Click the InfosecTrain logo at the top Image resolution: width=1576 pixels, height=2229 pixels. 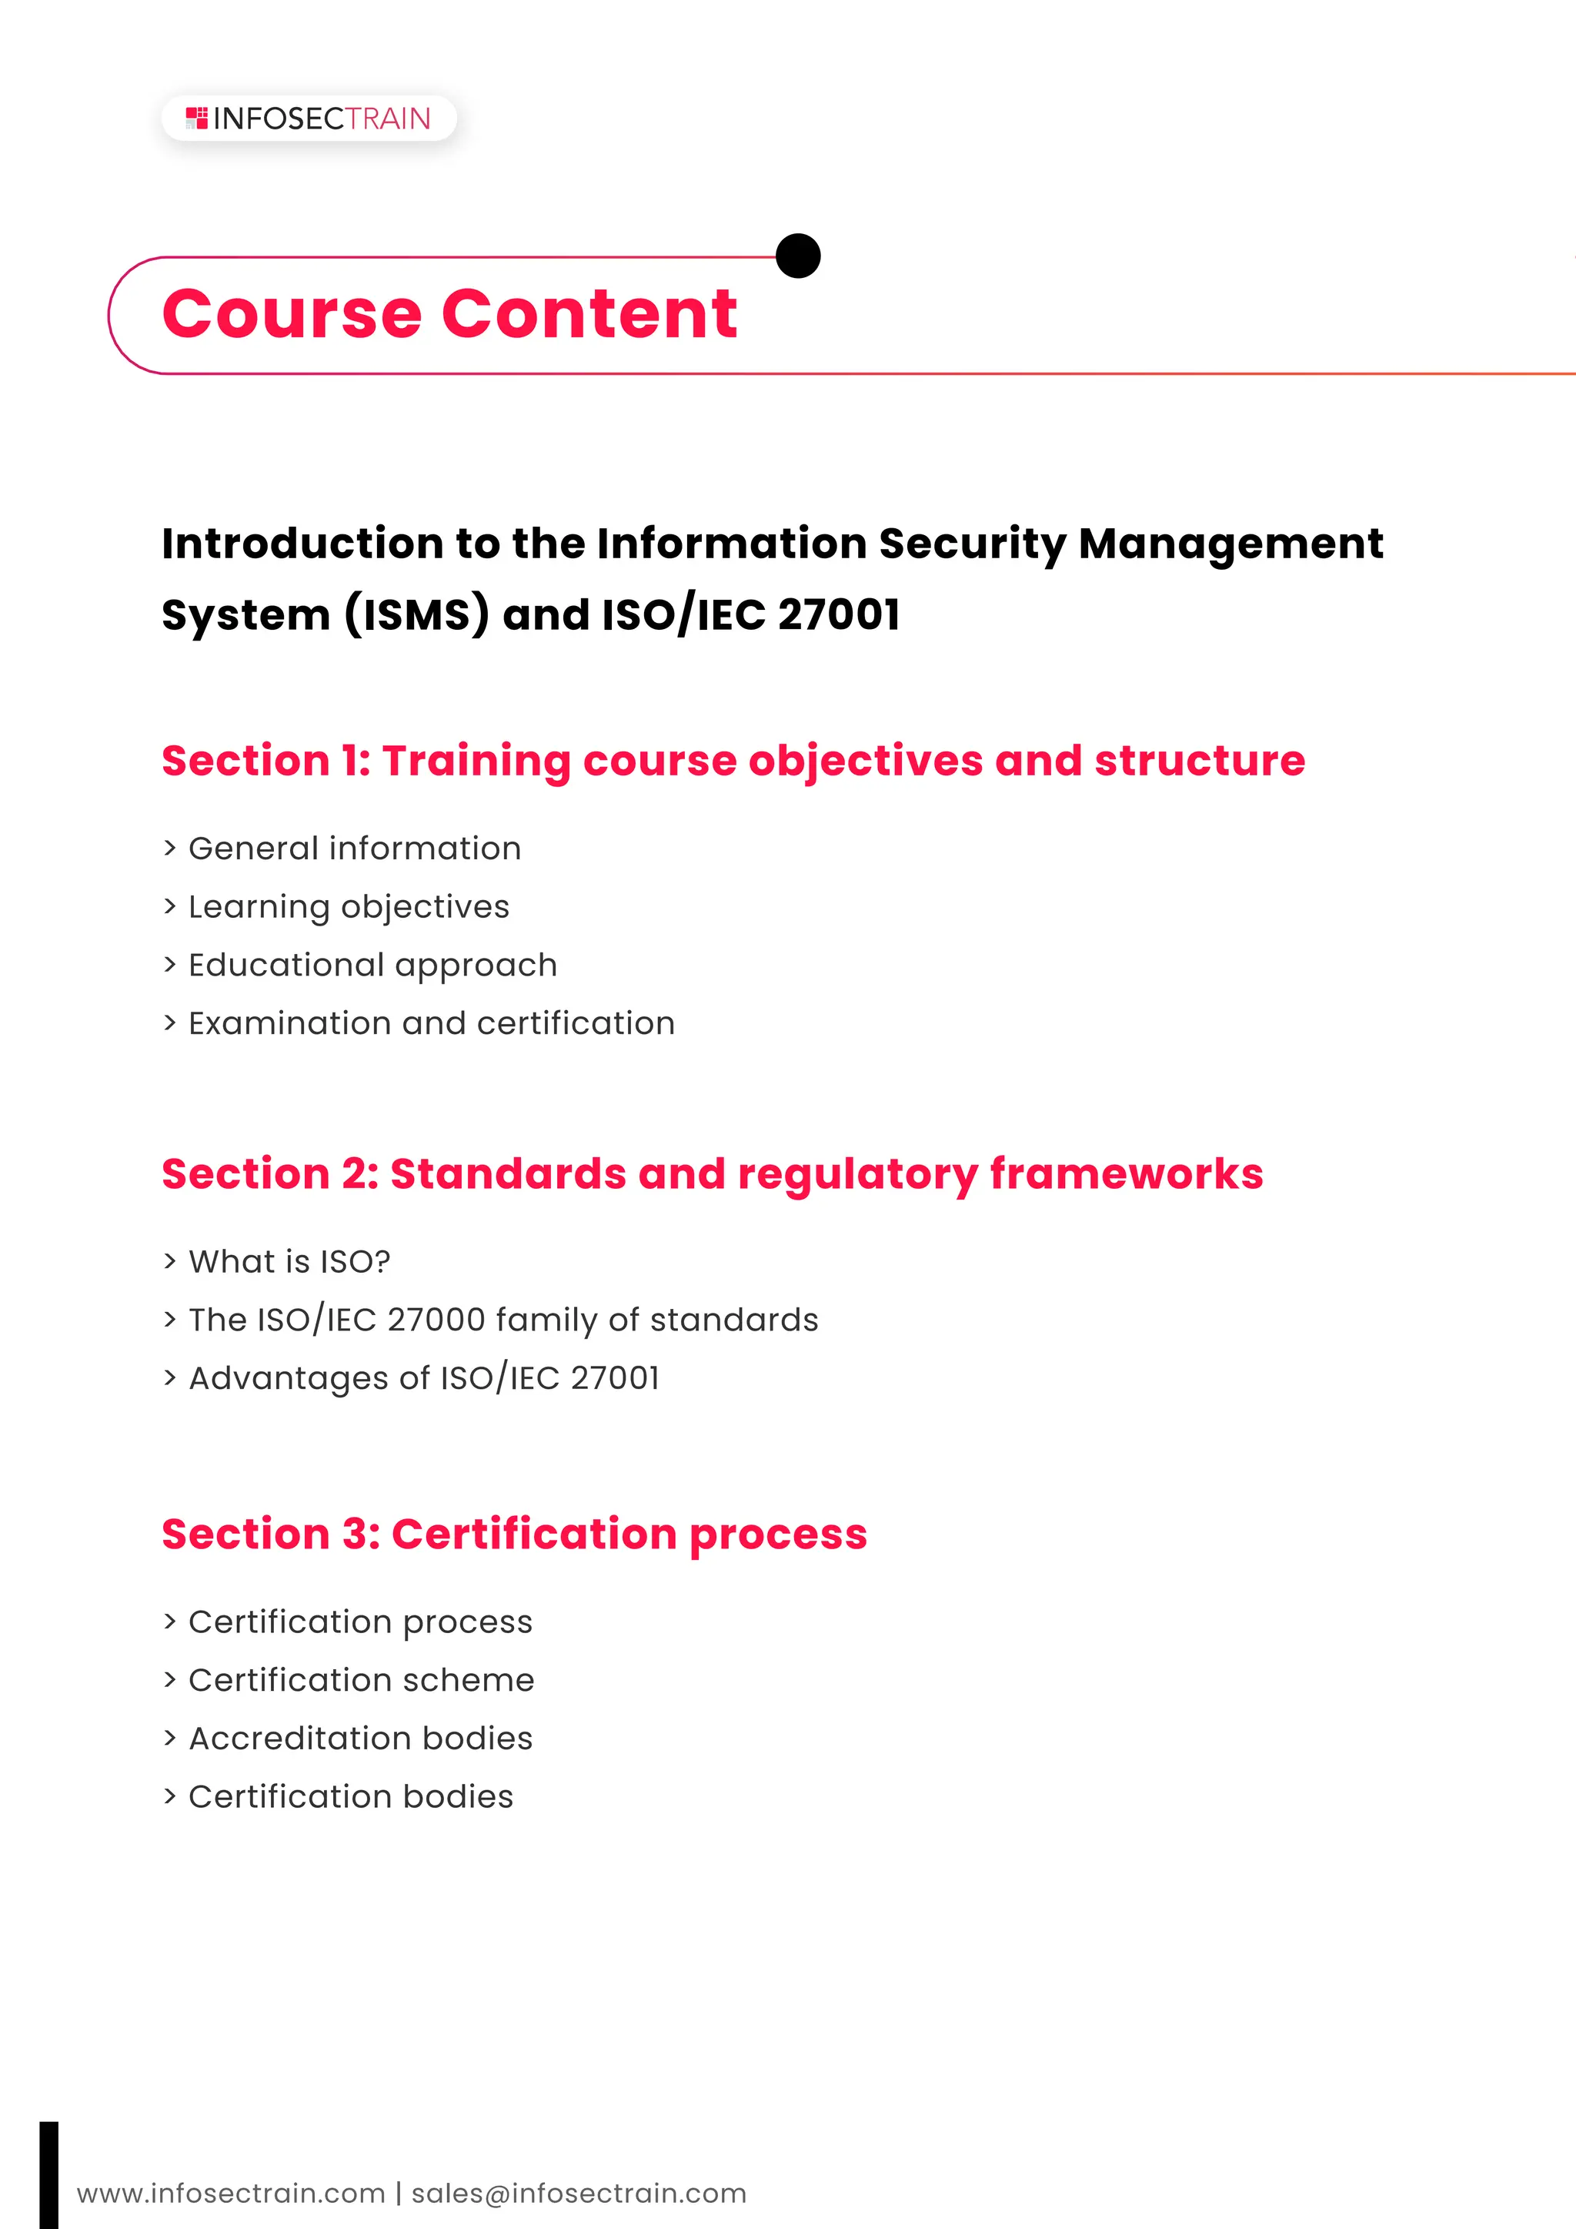[x=309, y=119]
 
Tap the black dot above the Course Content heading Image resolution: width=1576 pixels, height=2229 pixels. [x=799, y=256]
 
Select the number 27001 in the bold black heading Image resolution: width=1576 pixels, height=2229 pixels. [x=839, y=614]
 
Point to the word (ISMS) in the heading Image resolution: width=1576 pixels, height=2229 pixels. [x=416, y=614]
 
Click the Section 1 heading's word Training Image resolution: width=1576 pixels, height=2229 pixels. [x=476, y=761]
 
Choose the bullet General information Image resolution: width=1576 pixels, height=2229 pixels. [x=354, y=848]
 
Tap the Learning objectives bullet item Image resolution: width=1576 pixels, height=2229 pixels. [x=349, y=907]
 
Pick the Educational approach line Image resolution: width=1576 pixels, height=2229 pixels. [x=372, y=965]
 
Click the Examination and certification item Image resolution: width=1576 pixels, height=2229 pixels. [x=431, y=1023]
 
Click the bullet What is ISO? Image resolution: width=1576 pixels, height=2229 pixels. [x=289, y=1261]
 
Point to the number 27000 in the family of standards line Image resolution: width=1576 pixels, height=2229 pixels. [x=436, y=1320]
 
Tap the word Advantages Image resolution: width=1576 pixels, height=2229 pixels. [x=309, y=1377]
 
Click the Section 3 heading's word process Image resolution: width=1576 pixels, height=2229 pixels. [x=777, y=1534]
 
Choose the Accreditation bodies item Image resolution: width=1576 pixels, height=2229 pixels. [x=360, y=1738]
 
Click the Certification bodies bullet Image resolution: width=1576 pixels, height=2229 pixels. [x=350, y=1796]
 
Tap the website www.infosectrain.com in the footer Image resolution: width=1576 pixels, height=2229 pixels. [x=231, y=2193]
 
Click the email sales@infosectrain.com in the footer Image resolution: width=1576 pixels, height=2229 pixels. [x=579, y=2193]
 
